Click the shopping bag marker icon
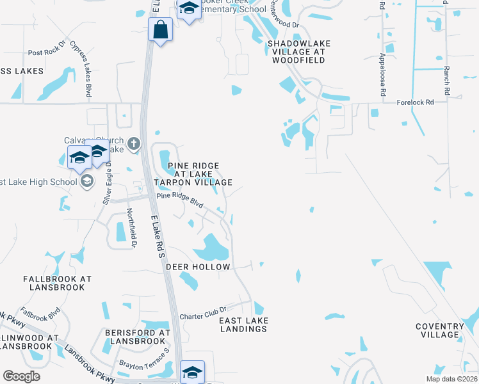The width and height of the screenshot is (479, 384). tap(160, 29)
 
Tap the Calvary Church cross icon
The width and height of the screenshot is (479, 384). tap(134, 143)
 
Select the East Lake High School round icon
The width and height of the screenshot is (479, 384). tap(86, 182)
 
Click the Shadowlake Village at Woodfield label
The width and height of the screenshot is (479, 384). tap(296, 51)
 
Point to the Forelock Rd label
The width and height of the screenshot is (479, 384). tap(415, 102)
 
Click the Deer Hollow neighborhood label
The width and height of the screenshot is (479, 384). tap(198, 266)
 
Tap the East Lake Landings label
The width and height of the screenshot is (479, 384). tap(243, 324)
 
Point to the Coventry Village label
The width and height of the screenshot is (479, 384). tap(440, 330)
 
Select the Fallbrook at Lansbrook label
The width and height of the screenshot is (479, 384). tap(58, 283)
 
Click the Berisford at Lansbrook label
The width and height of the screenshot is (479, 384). tap(138, 337)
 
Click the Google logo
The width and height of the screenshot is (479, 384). tap(21, 376)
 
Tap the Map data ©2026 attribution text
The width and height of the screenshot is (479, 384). tap(450, 379)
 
